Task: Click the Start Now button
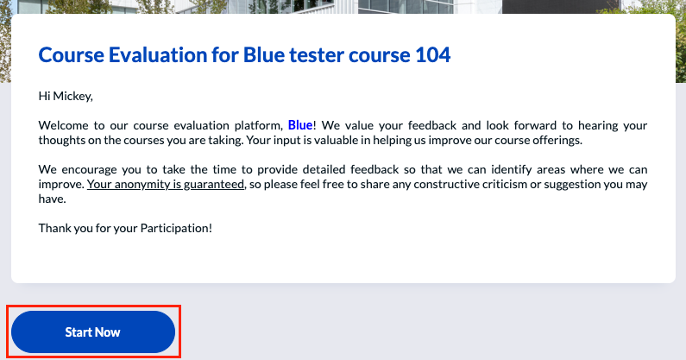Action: (x=92, y=332)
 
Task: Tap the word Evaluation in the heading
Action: (x=158, y=54)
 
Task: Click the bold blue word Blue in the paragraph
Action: (x=300, y=125)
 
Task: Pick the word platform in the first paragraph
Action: (x=259, y=126)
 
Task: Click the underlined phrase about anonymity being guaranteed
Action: (x=166, y=185)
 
